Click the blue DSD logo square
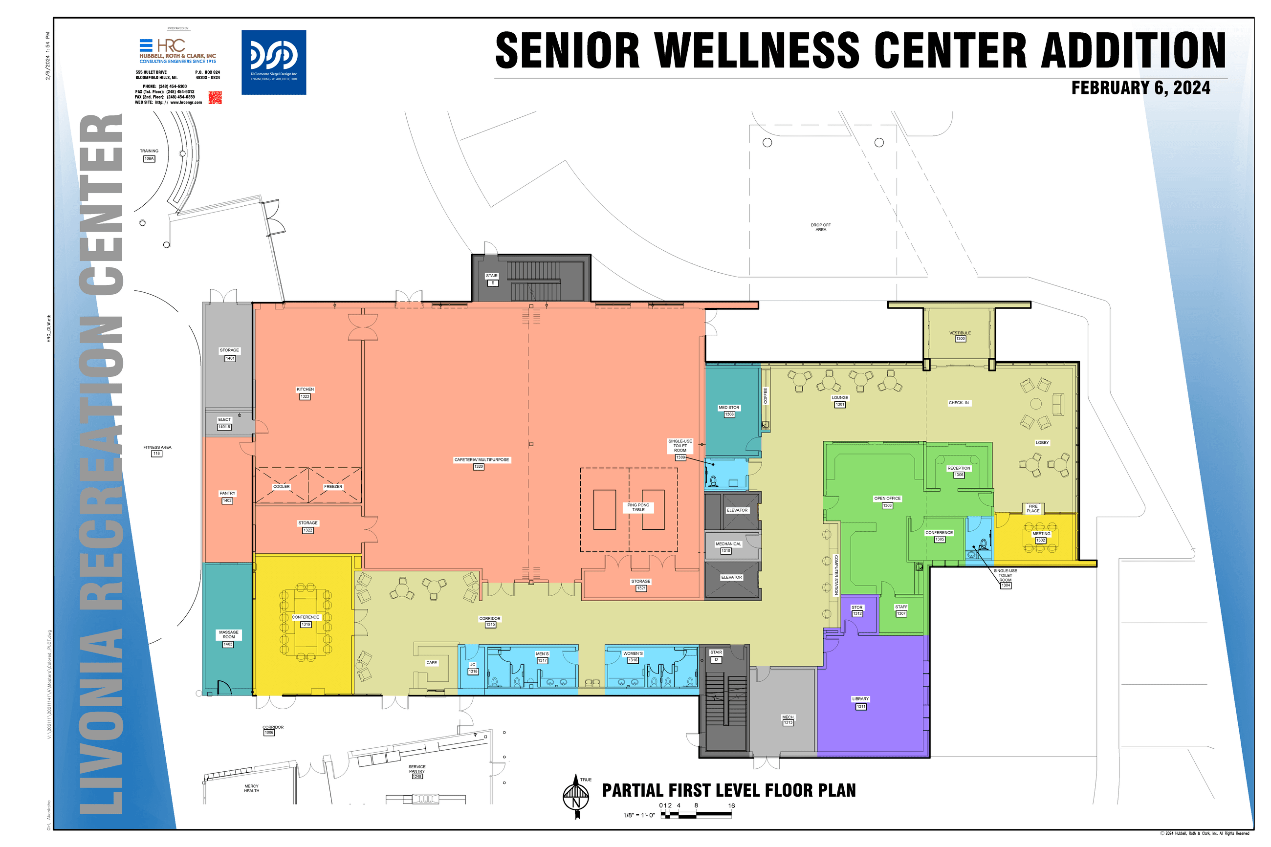tap(273, 62)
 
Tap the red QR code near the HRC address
tap(215, 97)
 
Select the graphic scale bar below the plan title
tap(696, 815)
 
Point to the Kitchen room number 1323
tap(305, 396)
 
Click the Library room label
tap(860, 699)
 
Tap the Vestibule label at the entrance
tap(960, 333)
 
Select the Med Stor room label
tap(729, 408)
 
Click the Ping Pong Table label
tap(638, 507)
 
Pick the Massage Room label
tap(228, 634)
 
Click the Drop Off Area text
tap(820, 227)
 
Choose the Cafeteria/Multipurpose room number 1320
tap(478, 467)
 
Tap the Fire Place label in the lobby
tap(1033, 508)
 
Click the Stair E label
tap(492, 276)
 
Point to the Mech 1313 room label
tap(788, 719)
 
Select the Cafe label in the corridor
tap(432, 662)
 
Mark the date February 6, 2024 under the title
tap(1140, 88)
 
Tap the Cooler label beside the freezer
tap(282, 487)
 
